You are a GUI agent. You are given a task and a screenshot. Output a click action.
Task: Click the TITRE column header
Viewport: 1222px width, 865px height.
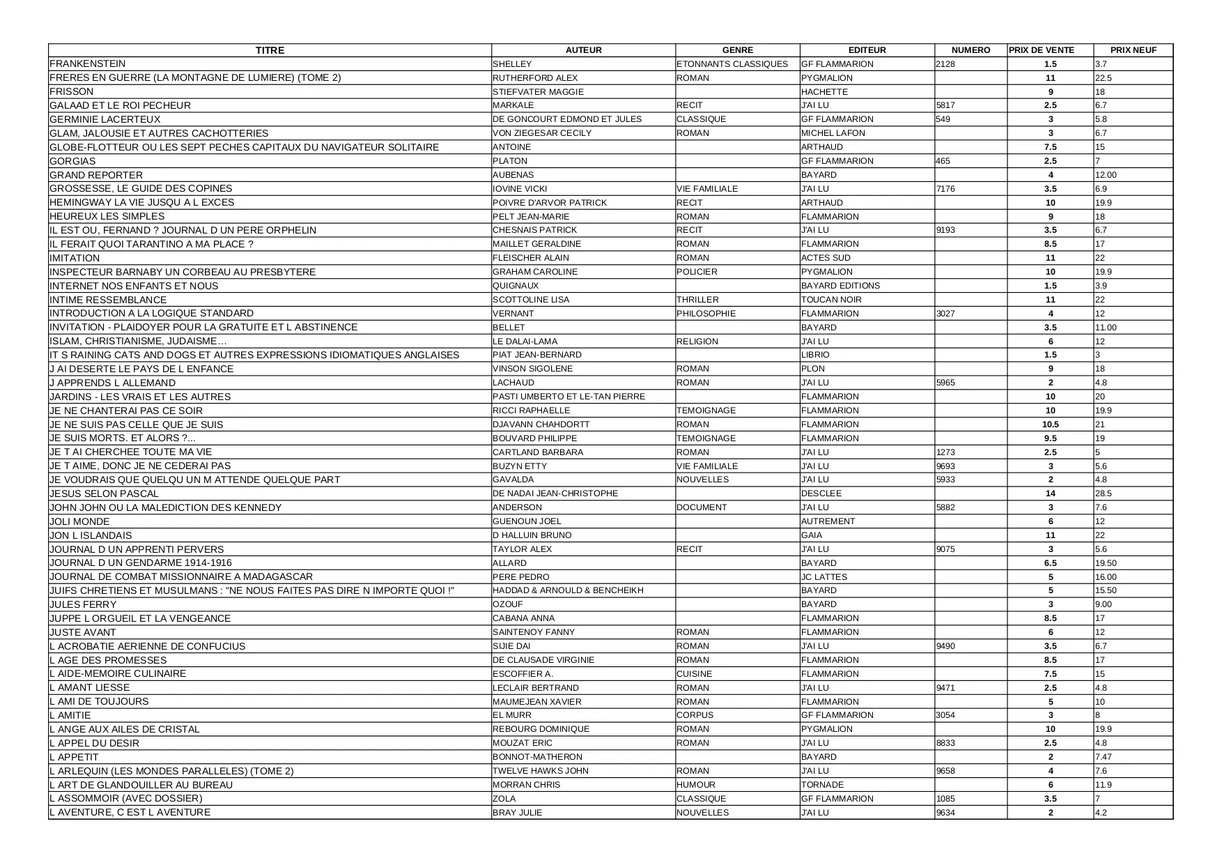270,50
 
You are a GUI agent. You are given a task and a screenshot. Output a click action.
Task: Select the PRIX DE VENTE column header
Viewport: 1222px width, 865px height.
1042,50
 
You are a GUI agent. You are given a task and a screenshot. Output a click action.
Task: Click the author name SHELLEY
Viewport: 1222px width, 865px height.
512,64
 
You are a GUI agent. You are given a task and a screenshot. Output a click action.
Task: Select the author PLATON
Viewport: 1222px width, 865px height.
510,161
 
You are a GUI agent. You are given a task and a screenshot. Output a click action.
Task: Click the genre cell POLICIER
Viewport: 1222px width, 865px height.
697,272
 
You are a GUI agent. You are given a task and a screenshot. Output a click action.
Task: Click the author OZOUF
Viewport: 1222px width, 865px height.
509,604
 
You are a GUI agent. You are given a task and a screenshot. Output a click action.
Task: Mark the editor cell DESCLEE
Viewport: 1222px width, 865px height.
821,493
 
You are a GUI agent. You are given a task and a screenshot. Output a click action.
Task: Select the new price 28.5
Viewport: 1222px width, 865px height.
1104,493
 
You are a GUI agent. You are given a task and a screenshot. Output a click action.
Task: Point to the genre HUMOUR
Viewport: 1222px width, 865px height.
696,785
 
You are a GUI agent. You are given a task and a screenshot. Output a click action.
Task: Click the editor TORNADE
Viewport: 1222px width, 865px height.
822,785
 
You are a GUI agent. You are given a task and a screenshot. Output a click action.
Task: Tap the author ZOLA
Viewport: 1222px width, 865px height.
504,799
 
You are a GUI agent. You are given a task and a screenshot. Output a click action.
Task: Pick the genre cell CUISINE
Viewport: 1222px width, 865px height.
695,674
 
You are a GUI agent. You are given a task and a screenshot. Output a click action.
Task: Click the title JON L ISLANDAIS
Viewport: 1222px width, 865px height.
91,535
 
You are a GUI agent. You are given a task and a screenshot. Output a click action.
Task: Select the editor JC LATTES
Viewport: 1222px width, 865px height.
824,577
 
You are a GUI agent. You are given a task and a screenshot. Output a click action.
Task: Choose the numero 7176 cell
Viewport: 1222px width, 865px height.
945,189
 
